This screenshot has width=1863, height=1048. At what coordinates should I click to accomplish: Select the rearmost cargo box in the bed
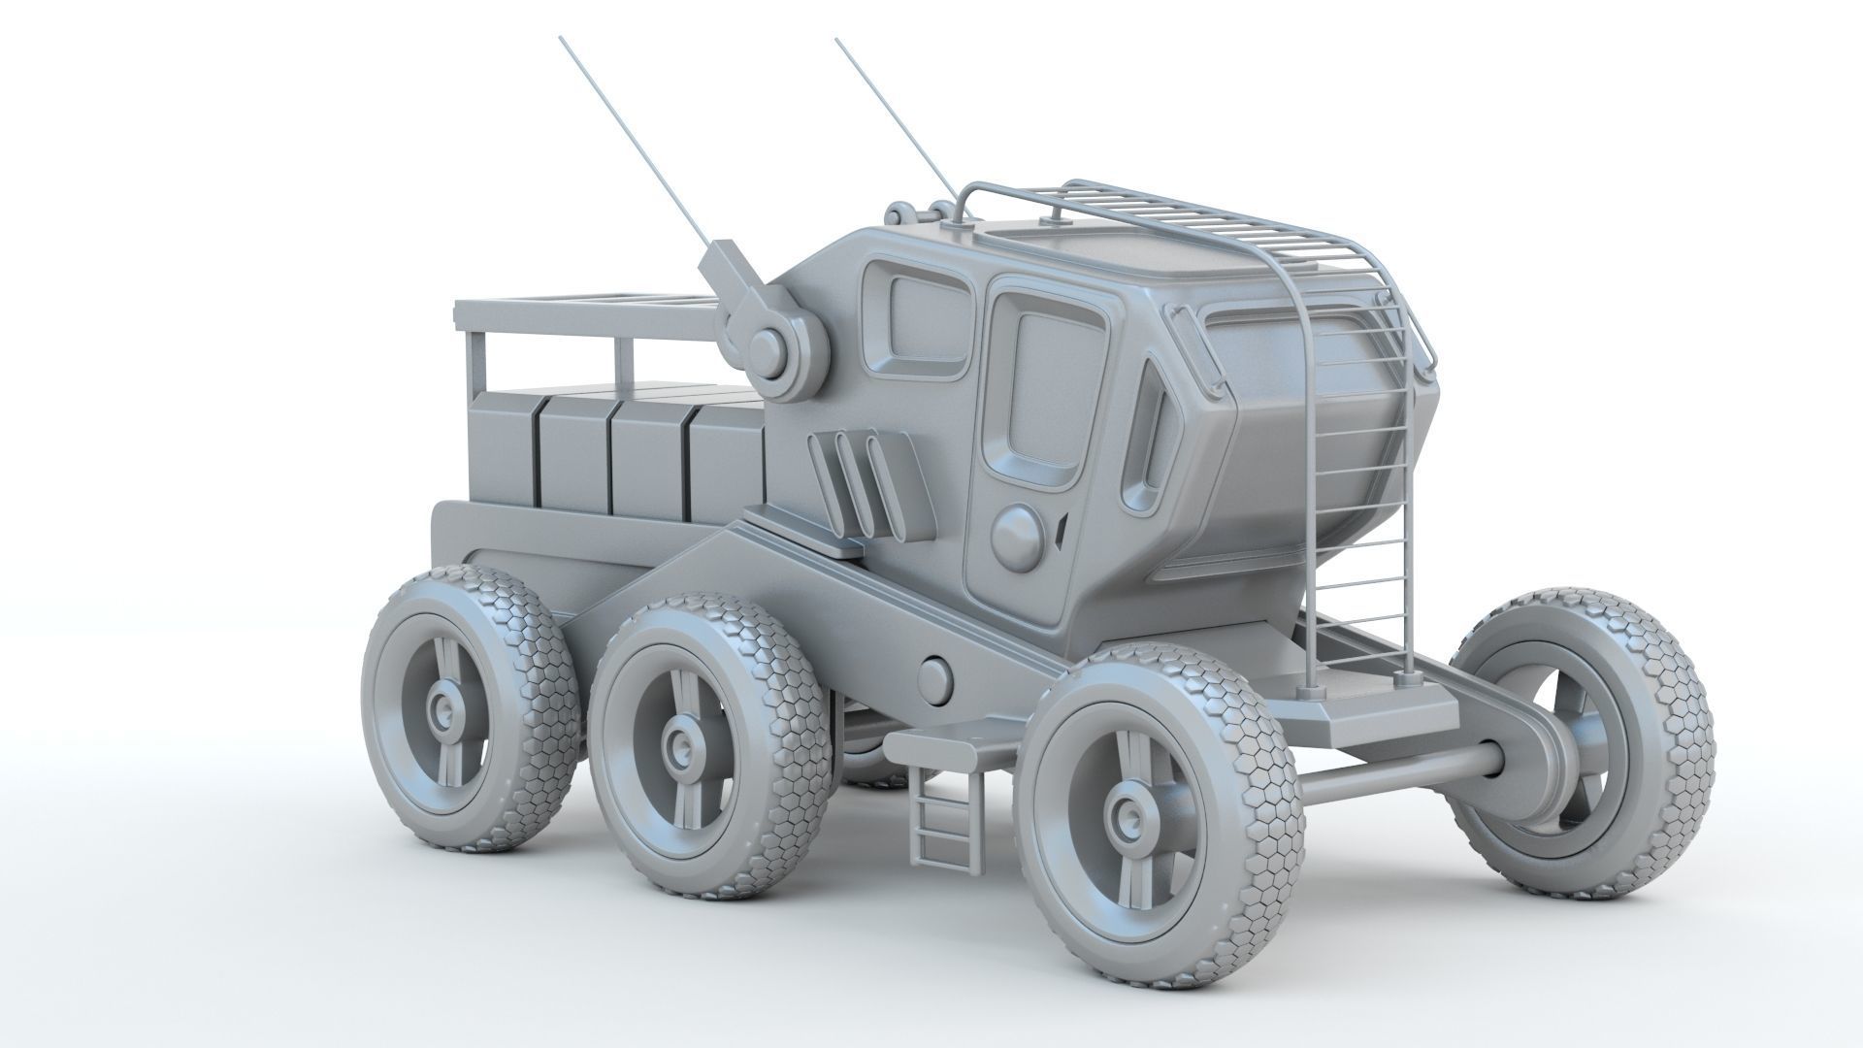pos(501,452)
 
